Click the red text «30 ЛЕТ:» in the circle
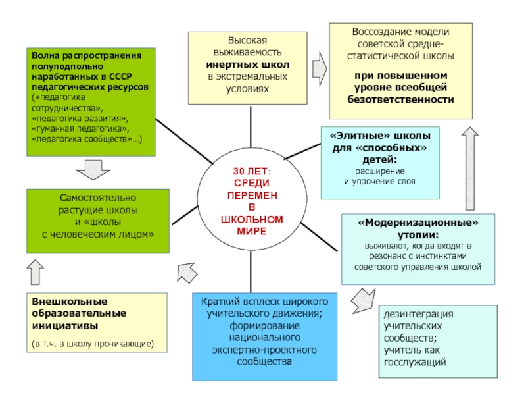pyautogui.click(x=252, y=171)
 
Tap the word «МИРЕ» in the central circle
pyautogui.click(x=252, y=232)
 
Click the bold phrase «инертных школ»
pyautogui.click(x=248, y=65)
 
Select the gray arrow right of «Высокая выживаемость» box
pyautogui.click(x=320, y=69)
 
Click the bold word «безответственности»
pyautogui.click(x=400, y=100)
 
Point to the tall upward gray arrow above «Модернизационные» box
pyautogui.click(x=469, y=169)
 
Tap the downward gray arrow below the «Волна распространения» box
pyautogui.click(x=93, y=170)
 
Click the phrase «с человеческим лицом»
pyautogui.click(x=97, y=234)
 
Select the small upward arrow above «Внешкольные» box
pyautogui.click(x=36, y=272)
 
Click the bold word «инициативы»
pyautogui.click(x=65, y=326)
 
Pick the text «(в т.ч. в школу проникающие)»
pyautogui.click(x=93, y=344)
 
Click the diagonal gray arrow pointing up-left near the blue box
pyautogui.click(x=187, y=272)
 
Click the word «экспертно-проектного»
pyautogui.click(x=264, y=350)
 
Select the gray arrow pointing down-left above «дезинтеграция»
pyautogui.click(x=363, y=301)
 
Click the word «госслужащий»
pyautogui.click(x=415, y=363)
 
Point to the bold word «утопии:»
pyautogui.click(x=418, y=235)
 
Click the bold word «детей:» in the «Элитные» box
pyautogui.click(x=380, y=159)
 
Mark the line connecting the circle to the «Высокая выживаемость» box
pyautogui.click(x=251, y=127)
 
